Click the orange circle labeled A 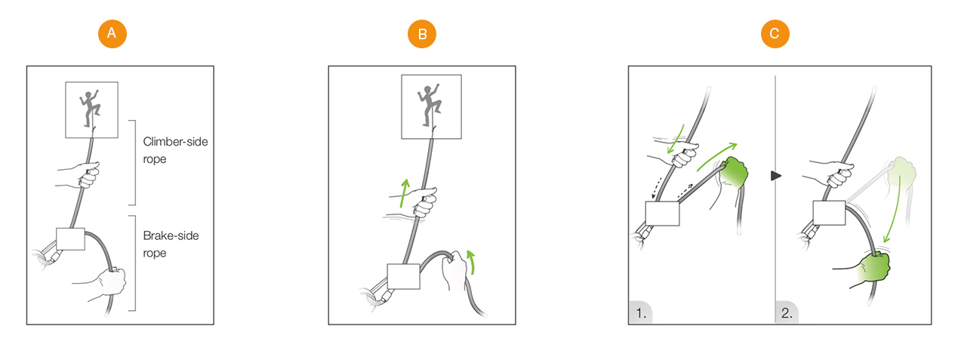(x=112, y=34)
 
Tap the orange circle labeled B (x=422, y=34)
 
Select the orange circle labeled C (x=775, y=34)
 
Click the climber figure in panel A (x=90, y=108)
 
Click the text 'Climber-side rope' (x=175, y=150)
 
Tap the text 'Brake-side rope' (x=171, y=244)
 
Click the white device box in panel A (x=70, y=239)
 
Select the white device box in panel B (x=403, y=276)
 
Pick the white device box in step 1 (x=662, y=214)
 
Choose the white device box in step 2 (x=829, y=213)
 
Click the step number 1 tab (x=641, y=312)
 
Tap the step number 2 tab (x=787, y=312)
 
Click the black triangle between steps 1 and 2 (x=776, y=176)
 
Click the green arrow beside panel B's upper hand (x=404, y=193)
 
